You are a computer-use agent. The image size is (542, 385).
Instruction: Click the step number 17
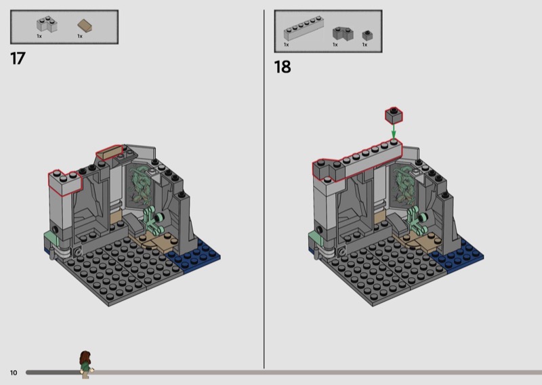click(x=18, y=59)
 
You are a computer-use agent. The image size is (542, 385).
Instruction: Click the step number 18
click(x=283, y=67)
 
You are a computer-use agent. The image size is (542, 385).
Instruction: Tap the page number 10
click(x=14, y=373)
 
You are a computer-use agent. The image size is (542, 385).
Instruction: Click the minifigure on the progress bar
click(x=86, y=364)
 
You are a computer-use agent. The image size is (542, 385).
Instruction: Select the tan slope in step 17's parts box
click(x=85, y=26)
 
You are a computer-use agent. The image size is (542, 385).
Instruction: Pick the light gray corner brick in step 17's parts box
click(x=47, y=24)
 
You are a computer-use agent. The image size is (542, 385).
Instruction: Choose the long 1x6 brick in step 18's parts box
click(x=304, y=28)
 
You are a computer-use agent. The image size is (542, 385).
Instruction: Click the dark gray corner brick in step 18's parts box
click(x=343, y=34)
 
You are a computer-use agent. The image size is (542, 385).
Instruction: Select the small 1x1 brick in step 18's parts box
click(x=367, y=36)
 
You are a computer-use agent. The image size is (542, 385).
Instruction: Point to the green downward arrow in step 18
click(x=394, y=131)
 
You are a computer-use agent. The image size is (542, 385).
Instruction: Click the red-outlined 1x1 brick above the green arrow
click(x=394, y=115)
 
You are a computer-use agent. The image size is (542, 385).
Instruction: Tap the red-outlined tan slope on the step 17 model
click(x=110, y=153)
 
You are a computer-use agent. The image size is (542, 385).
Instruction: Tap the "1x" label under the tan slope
click(x=80, y=37)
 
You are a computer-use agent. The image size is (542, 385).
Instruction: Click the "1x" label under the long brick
click(x=286, y=45)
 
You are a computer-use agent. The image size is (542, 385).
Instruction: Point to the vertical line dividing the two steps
click(x=264, y=189)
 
